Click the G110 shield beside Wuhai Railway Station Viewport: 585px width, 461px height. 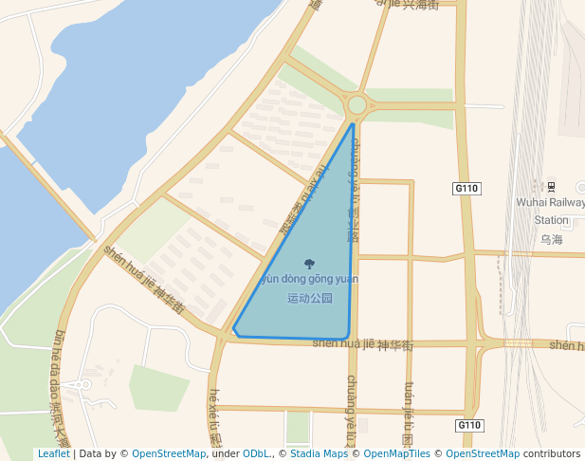pos(466,189)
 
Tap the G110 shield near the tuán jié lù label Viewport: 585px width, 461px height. pos(468,425)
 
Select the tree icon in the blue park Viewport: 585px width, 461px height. pos(309,264)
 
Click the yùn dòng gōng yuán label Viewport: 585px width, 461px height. pos(309,279)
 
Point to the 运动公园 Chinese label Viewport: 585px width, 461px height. pos(310,298)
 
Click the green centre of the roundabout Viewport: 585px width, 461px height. pos(357,105)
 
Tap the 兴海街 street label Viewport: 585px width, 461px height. pos(420,5)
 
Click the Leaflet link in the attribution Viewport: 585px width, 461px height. pos(53,453)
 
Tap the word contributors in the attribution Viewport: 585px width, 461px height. pos(552,453)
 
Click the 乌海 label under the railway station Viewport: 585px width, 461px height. pos(551,239)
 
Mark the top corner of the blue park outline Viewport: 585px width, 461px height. pos(353,124)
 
